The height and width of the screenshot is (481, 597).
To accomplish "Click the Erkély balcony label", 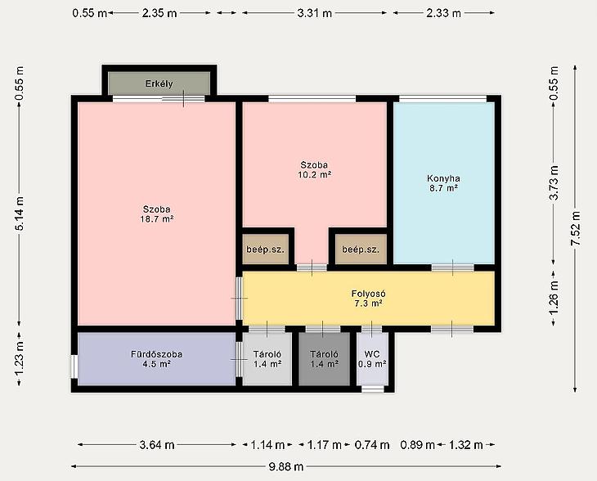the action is click(159, 83).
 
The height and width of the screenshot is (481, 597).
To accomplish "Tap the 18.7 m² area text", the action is click(157, 219).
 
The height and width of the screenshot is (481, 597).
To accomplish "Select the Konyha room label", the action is click(443, 178).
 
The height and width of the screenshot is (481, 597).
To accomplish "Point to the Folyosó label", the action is click(368, 294).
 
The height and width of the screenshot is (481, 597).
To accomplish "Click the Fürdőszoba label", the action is click(156, 354).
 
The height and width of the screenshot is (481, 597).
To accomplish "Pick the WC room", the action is click(372, 359).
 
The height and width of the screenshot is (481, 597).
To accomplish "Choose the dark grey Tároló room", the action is click(324, 359).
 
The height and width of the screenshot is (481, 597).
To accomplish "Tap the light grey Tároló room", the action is click(267, 359).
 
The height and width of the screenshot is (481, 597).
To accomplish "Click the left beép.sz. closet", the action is click(266, 249).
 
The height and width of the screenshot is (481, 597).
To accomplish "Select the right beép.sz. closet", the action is click(361, 249).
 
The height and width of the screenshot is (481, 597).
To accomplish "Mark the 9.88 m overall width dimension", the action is click(286, 466).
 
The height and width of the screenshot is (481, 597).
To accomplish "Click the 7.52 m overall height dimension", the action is click(575, 229).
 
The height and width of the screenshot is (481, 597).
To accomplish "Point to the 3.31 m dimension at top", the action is click(315, 13).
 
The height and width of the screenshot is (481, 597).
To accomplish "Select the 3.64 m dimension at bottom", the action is click(157, 445).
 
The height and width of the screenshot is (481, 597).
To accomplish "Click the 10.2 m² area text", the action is click(315, 175).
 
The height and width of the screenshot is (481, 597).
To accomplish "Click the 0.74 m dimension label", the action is click(372, 445).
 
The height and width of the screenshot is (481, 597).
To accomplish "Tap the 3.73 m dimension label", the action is click(554, 182).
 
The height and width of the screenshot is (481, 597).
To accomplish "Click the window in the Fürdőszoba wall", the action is click(74, 366).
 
